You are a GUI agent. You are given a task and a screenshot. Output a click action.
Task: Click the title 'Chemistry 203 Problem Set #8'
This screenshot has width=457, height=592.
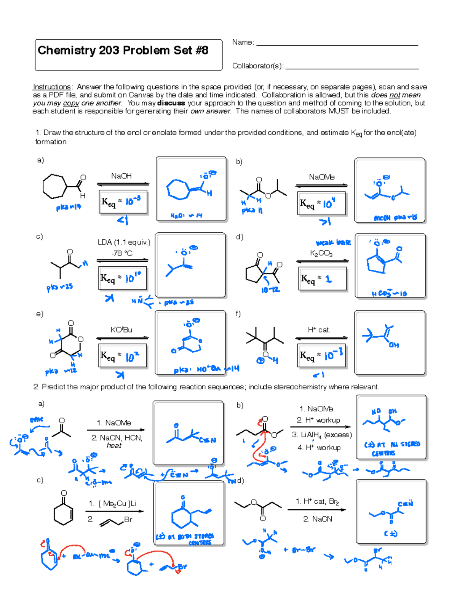(x=123, y=51)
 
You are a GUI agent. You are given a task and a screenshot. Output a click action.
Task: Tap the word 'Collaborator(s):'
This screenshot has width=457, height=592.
(x=258, y=66)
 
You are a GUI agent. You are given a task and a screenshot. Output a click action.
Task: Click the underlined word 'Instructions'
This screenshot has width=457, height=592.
(x=51, y=87)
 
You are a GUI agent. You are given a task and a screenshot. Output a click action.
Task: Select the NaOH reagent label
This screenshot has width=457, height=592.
(x=121, y=176)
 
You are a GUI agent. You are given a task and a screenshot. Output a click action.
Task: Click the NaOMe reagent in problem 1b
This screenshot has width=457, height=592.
(x=321, y=177)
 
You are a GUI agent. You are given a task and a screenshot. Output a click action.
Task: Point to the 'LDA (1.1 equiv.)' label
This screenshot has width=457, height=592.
(x=124, y=242)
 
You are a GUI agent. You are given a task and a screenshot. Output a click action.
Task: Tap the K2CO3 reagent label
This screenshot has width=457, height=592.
(x=321, y=253)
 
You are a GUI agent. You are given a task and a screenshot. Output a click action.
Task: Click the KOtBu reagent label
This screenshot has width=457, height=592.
(x=121, y=330)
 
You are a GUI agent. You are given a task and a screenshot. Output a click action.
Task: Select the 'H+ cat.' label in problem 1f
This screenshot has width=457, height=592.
(x=319, y=330)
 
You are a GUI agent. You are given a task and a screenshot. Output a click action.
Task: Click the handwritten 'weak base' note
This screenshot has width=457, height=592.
(x=333, y=243)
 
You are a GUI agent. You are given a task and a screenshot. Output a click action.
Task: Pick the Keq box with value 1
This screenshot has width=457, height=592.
(x=323, y=279)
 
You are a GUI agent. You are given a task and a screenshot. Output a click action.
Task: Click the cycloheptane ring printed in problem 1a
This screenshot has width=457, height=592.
(x=54, y=186)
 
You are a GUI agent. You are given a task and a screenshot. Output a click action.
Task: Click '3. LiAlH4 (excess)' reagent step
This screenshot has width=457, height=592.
(x=322, y=435)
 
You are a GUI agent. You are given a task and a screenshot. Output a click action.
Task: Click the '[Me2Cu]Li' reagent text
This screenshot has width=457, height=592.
(x=117, y=504)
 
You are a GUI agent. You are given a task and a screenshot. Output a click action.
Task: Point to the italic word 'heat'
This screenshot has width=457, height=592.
(x=114, y=446)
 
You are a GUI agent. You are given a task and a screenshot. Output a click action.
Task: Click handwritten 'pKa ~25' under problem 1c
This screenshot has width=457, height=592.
(x=60, y=287)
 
